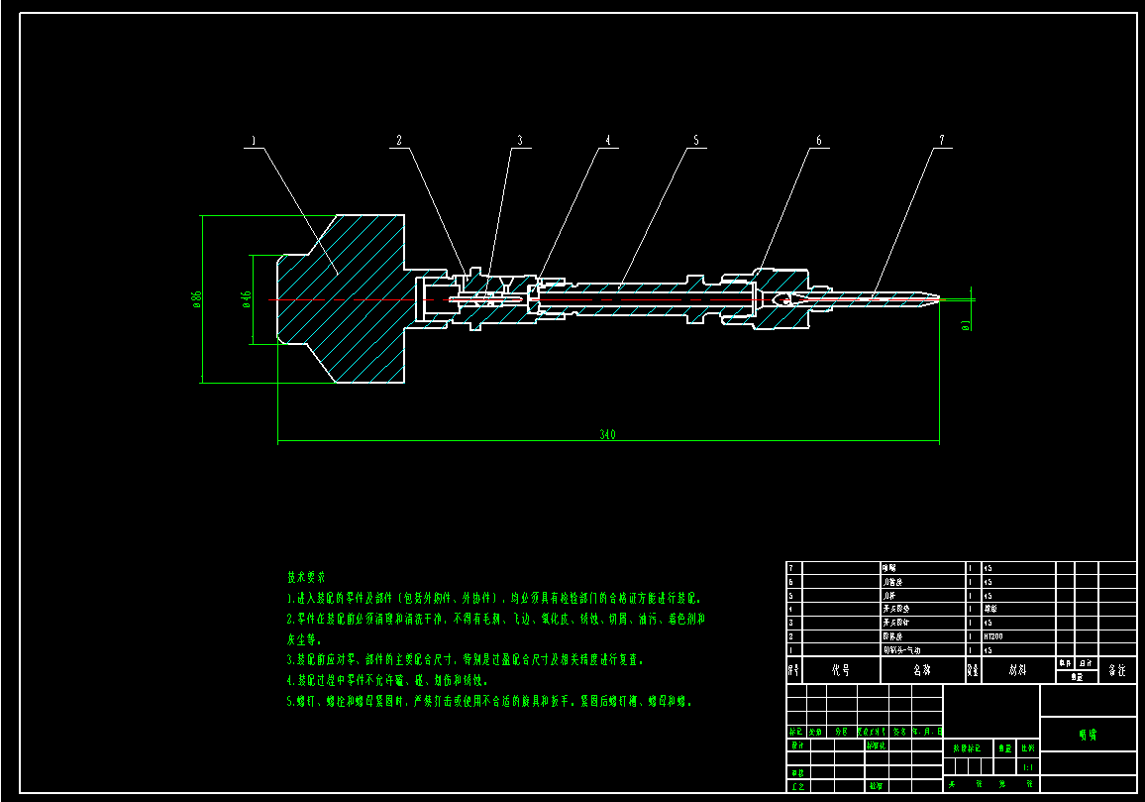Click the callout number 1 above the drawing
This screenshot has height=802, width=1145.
(254, 142)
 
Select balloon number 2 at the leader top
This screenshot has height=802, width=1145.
(400, 142)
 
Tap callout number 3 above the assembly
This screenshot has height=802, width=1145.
(517, 142)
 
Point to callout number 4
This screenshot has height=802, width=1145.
(608, 142)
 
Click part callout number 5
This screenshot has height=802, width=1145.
(695, 142)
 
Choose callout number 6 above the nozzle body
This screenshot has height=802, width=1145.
(818, 142)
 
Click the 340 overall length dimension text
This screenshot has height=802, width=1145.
(608, 434)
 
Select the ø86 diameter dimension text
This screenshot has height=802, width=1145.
(196, 297)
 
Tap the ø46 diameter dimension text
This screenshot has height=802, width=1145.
(247, 298)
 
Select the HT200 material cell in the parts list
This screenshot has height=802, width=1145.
(992, 635)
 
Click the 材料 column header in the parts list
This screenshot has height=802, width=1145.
(1017, 670)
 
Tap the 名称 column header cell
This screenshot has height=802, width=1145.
(922, 670)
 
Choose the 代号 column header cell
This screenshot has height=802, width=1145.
(840, 670)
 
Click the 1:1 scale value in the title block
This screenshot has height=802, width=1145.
(1028, 767)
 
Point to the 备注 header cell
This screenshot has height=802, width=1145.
(1117, 670)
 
